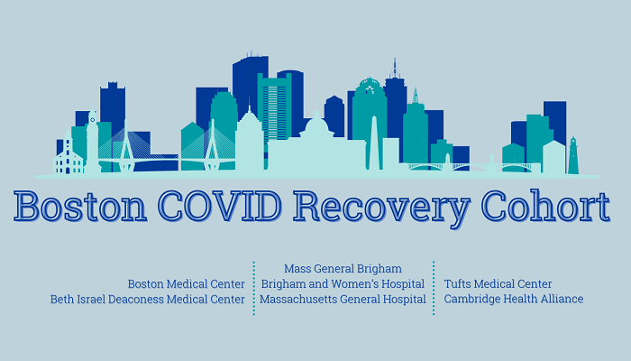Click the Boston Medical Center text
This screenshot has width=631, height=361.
coord(187,284)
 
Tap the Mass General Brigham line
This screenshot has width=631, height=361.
coord(343,269)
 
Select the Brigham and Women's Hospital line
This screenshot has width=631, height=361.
coord(343,284)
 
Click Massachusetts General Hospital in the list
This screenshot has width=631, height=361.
coord(343,300)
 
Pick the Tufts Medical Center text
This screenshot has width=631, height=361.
coord(498,284)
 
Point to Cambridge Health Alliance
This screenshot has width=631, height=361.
coord(513,300)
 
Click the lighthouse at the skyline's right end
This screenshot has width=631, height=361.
coord(572,155)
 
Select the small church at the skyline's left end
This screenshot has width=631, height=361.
coord(68,159)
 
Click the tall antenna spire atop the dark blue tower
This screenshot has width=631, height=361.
coord(394,69)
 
